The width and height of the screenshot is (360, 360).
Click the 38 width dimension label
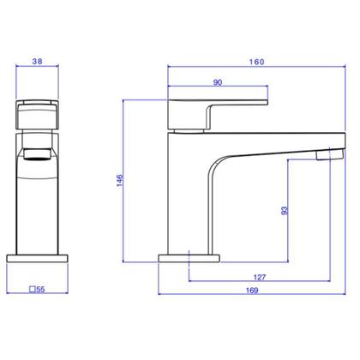tap(37, 61)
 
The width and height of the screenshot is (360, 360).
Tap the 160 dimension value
tap(256, 62)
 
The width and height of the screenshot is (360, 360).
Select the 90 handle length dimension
tap(218, 82)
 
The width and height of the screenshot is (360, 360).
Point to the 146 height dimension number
tap(120, 181)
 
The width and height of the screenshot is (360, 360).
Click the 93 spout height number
tap(285, 211)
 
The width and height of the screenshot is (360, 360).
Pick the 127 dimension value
tap(260, 277)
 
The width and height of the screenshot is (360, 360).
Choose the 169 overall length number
tap(252, 291)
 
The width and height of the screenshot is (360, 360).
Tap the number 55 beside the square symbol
tap(40, 290)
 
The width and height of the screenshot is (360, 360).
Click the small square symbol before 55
tap(33, 290)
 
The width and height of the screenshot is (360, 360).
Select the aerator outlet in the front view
tap(38, 154)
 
